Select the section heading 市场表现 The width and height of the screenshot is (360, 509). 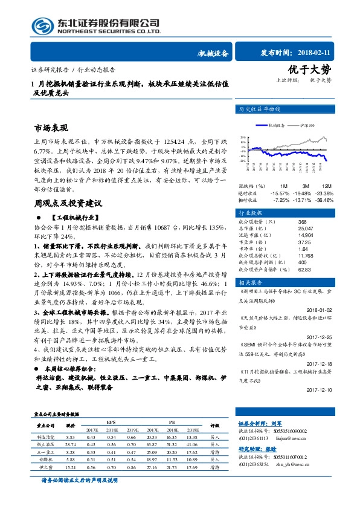tap(52, 129)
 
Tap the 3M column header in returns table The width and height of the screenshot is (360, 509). tap(305, 186)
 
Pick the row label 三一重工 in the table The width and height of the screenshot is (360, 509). tap(45, 452)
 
